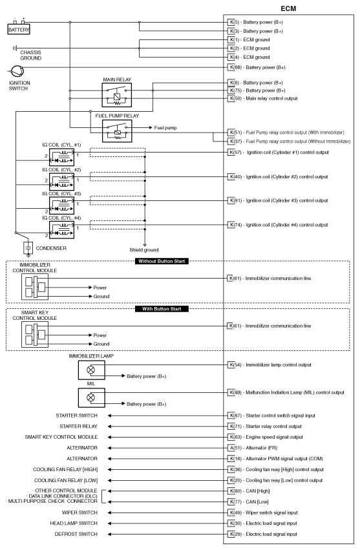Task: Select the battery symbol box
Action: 19,30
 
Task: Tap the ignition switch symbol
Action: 14,72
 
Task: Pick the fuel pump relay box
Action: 116,129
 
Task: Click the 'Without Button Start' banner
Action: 162,261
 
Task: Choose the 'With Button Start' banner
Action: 162,308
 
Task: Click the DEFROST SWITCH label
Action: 77,534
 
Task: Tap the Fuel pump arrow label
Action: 166,127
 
